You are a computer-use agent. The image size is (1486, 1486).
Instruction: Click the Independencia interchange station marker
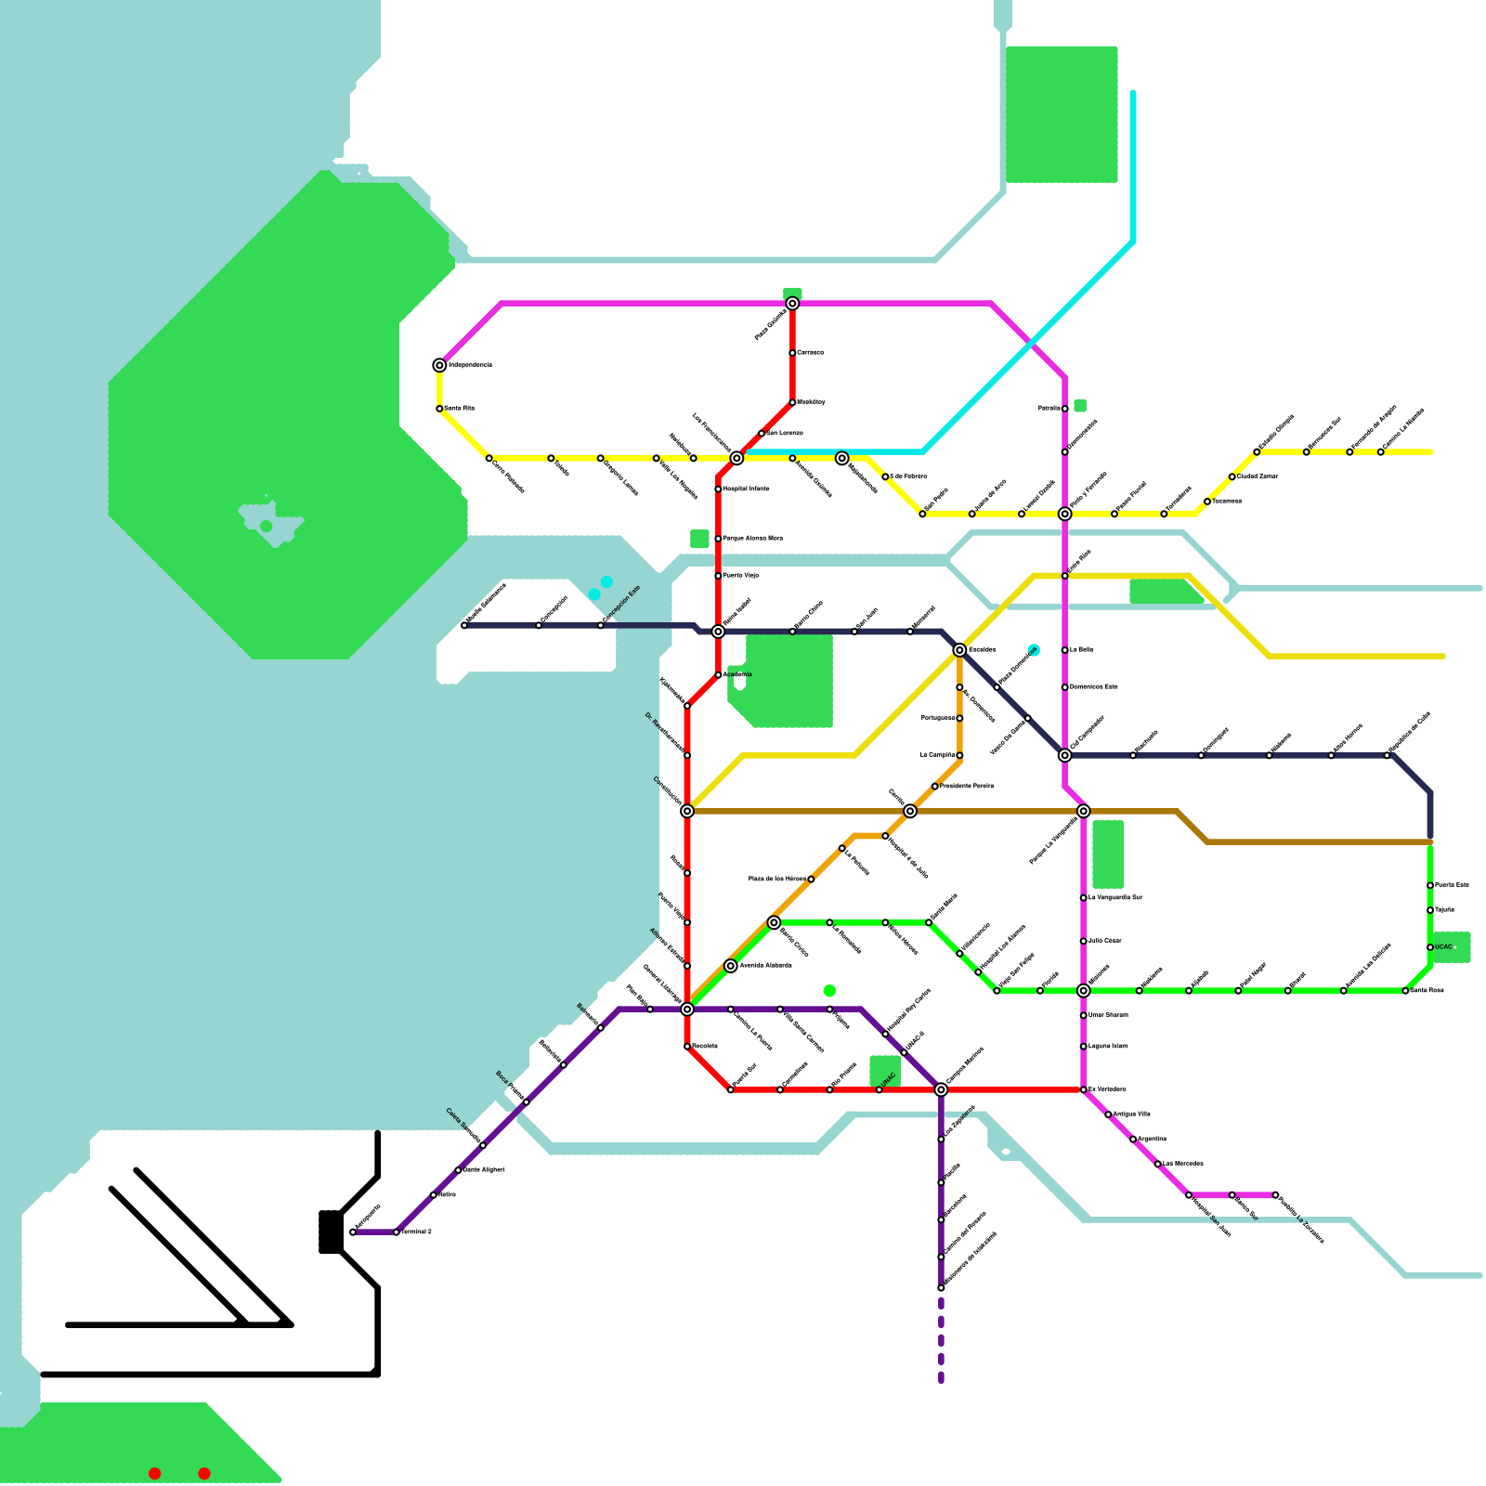click(x=439, y=366)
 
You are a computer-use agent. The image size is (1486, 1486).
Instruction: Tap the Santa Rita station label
click(x=460, y=409)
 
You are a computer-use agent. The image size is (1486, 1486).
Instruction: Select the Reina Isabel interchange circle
click(x=718, y=632)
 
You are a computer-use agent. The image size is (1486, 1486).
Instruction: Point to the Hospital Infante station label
click(x=747, y=489)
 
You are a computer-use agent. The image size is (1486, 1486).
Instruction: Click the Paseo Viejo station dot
click(x=718, y=576)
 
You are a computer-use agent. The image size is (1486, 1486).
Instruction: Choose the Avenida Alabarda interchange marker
click(x=731, y=966)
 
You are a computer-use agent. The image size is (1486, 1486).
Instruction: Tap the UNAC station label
click(x=889, y=1080)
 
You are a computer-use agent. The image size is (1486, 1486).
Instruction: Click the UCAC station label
click(x=1444, y=947)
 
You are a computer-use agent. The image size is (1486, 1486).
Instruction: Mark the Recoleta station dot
click(x=687, y=1047)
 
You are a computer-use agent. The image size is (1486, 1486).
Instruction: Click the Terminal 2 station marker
click(x=397, y=1232)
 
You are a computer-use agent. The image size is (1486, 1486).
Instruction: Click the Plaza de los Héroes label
click(x=777, y=879)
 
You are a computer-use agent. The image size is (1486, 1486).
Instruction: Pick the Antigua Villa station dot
click(x=1108, y=1114)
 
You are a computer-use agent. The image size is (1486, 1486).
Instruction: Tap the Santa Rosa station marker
click(x=1405, y=991)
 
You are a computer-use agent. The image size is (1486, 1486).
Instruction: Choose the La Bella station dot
click(x=1064, y=650)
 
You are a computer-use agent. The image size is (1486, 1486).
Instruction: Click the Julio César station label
click(x=1106, y=941)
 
